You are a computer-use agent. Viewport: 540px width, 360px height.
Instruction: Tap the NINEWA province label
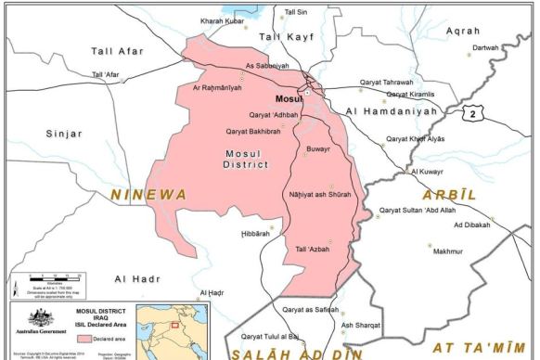click(148, 194)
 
